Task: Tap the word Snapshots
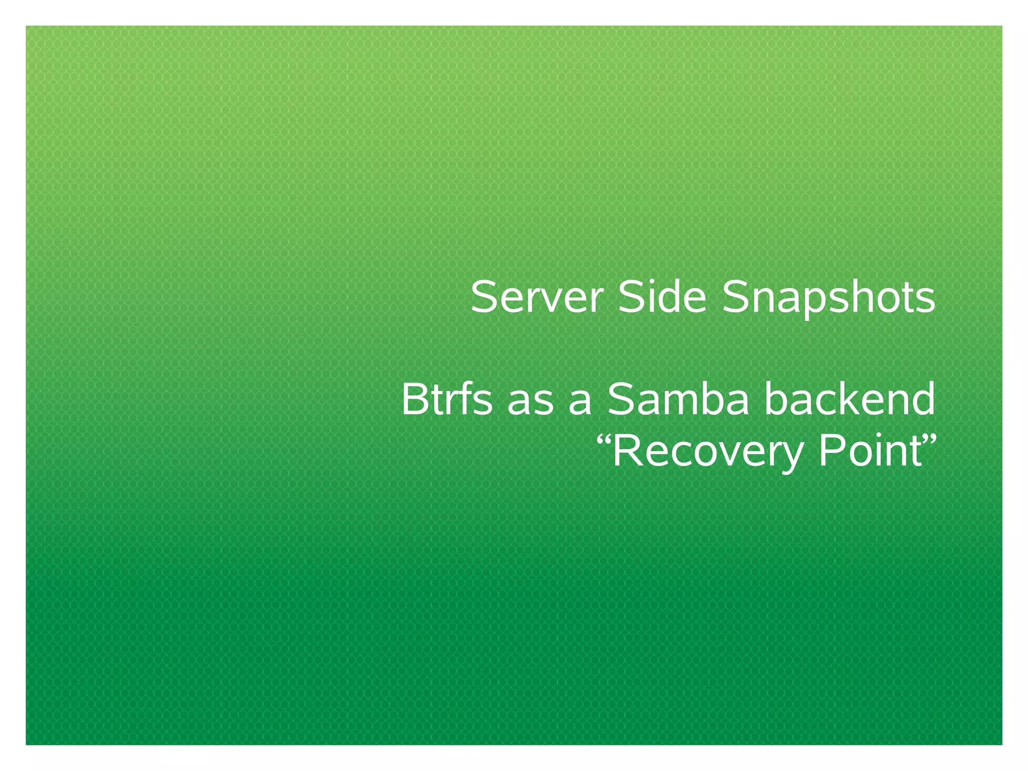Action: pos(828,299)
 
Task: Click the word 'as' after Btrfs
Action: pos(530,404)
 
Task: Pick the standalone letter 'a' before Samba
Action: pos(580,404)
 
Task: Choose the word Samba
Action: pos(678,400)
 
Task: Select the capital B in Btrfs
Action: pos(414,400)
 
